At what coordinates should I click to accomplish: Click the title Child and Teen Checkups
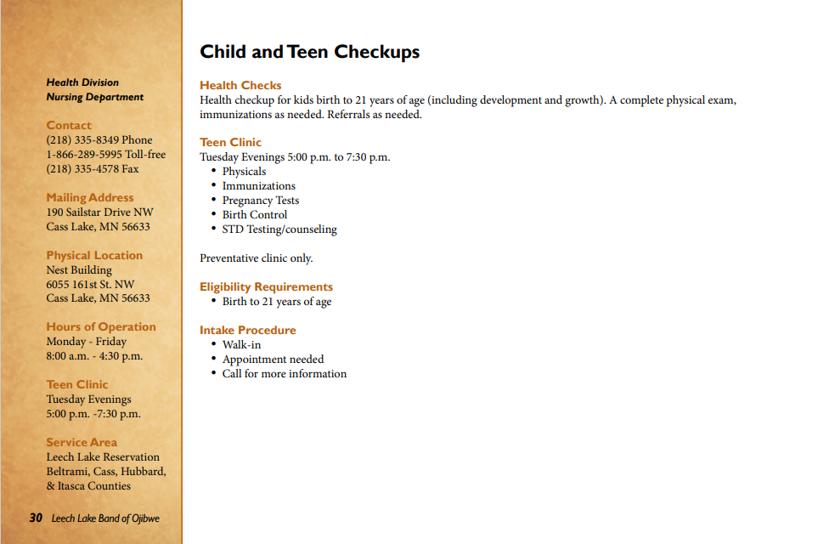click(309, 52)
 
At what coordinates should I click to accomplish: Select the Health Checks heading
click(240, 85)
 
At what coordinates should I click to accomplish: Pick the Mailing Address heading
click(90, 197)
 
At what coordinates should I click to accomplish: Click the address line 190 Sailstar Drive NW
click(100, 212)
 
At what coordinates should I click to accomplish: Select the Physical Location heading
click(94, 255)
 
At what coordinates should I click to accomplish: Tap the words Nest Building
click(79, 269)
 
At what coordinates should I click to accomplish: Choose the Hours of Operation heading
click(101, 326)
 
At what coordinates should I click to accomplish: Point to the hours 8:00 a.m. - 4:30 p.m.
click(94, 356)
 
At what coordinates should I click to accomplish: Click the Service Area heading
click(82, 442)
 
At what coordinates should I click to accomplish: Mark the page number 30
click(36, 518)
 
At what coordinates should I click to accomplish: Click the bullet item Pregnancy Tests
click(261, 201)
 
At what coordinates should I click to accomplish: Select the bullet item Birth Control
click(255, 215)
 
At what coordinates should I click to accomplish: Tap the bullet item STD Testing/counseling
click(279, 229)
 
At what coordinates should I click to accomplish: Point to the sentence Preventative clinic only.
click(257, 258)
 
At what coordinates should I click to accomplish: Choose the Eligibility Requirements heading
click(266, 286)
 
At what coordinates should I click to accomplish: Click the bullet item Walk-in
click(241, 345)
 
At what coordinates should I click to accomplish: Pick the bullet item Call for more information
click(285, 374)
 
